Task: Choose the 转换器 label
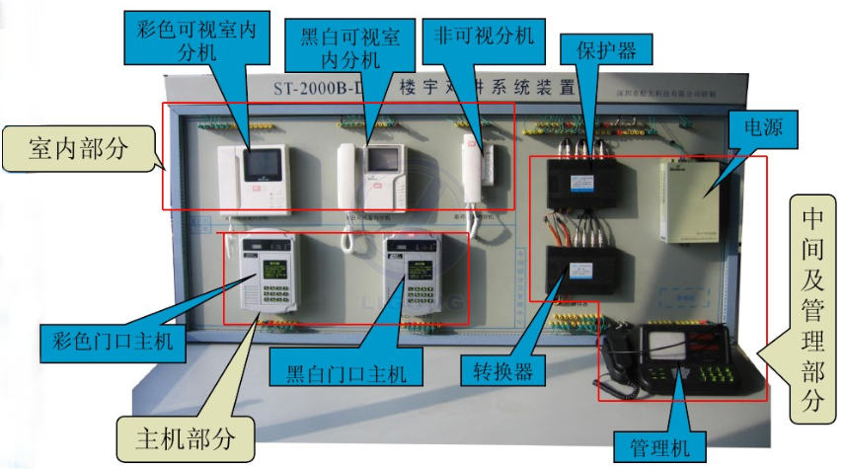tap(497, 371)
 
